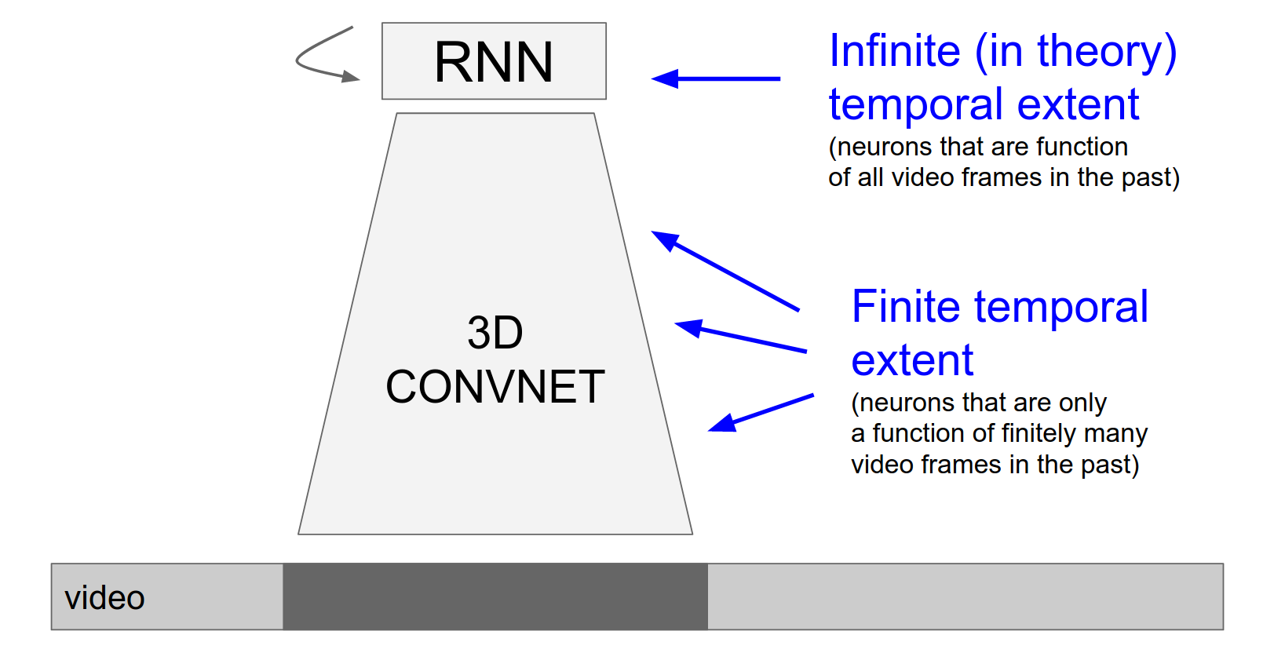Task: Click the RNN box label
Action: [x=494, y=62]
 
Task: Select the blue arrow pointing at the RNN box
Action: [x=716, y=78]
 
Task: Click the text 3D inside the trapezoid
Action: [x=495, y=333]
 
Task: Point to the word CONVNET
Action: [x=495, y=387]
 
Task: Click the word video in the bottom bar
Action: [x=104, y=598]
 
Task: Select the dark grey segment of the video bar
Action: [x=495, y=596]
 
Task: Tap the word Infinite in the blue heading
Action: [x=894, y=51]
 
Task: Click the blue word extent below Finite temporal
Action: [x=912, y=360]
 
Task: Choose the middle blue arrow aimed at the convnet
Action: [x=740, y=337]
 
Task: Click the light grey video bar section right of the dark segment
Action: [x=966, y=596]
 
